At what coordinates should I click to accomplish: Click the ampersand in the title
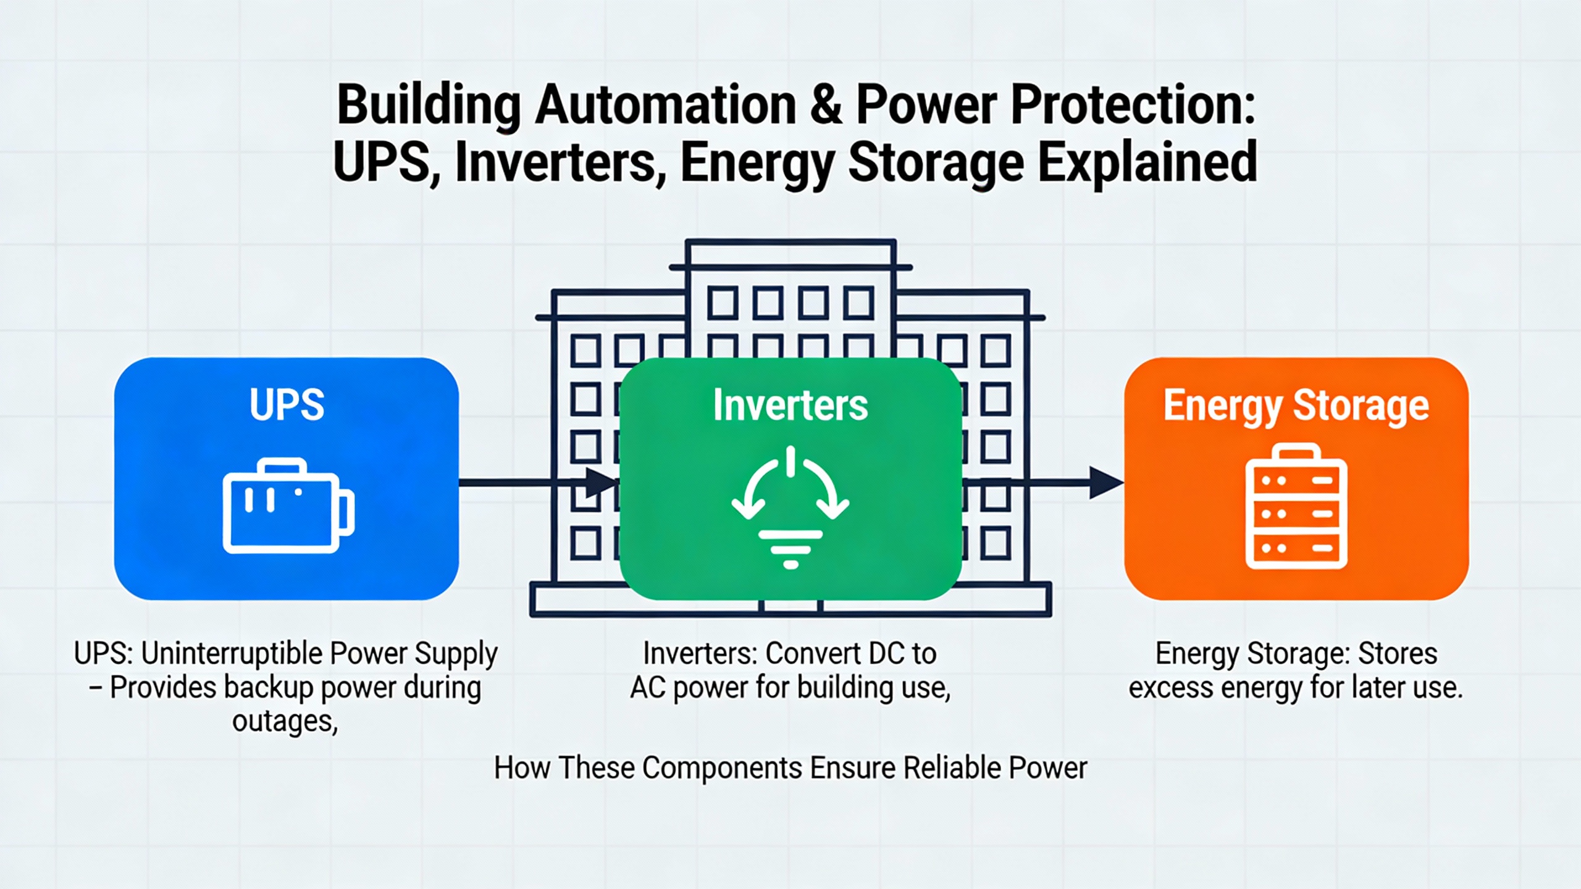pos(826,105)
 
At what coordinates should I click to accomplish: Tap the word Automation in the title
pos(666,105)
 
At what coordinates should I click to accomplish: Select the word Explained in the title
pos(1147,162)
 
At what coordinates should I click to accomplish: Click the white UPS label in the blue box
pos(287,405)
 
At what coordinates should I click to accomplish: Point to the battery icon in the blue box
pos(288,506)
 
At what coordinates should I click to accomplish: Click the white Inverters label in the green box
pos(790,405)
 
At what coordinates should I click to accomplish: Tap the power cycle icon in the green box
pos(790,507)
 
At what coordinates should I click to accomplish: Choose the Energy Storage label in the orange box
pos(1296,406)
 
